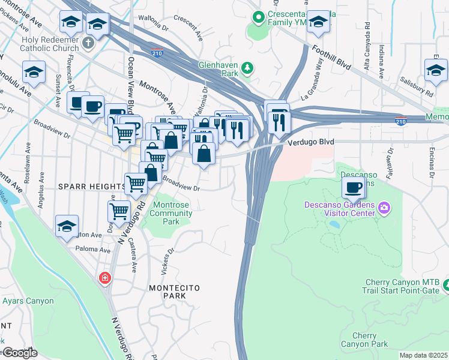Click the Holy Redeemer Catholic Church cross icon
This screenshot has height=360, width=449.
click(x=88, y=43)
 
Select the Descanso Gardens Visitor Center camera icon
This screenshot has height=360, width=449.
click(x=384, y=209)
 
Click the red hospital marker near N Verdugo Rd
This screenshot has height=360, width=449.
click(x=105, y=278)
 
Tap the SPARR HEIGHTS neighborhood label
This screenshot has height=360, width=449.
click(x=91, y=187)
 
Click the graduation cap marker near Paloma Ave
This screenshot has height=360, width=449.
click(x=66, y=227)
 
